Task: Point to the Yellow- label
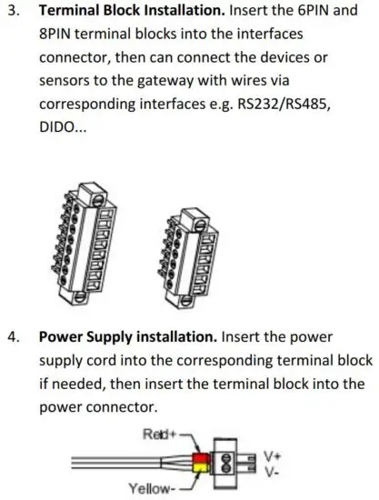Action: [x=157, y=489]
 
